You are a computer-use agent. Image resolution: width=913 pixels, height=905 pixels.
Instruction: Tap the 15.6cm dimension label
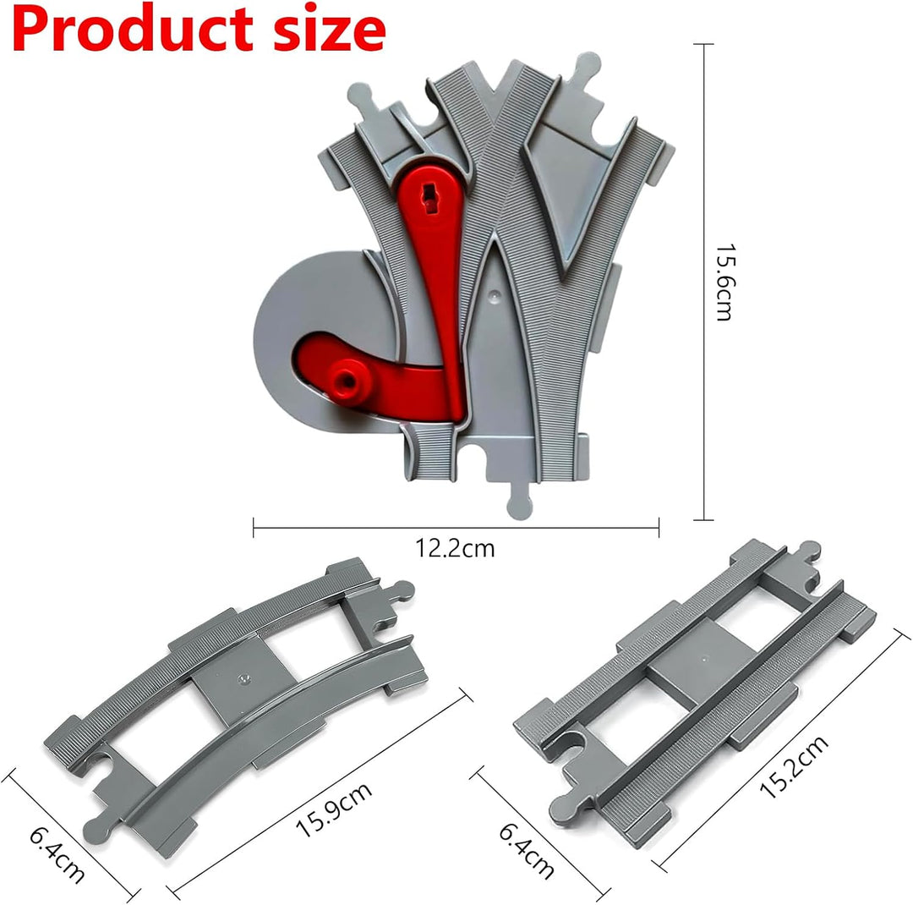click(x=724, y=282)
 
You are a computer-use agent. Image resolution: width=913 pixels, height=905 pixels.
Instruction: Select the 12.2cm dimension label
click(x=455, y=548)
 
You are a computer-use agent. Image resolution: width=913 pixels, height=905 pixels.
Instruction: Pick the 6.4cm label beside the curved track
click(x=57, y=854)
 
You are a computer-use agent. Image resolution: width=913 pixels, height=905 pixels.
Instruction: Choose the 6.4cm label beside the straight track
click(x=527, y=851)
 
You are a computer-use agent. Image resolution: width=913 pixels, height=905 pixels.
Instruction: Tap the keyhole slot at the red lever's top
click(x=430, y=200)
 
